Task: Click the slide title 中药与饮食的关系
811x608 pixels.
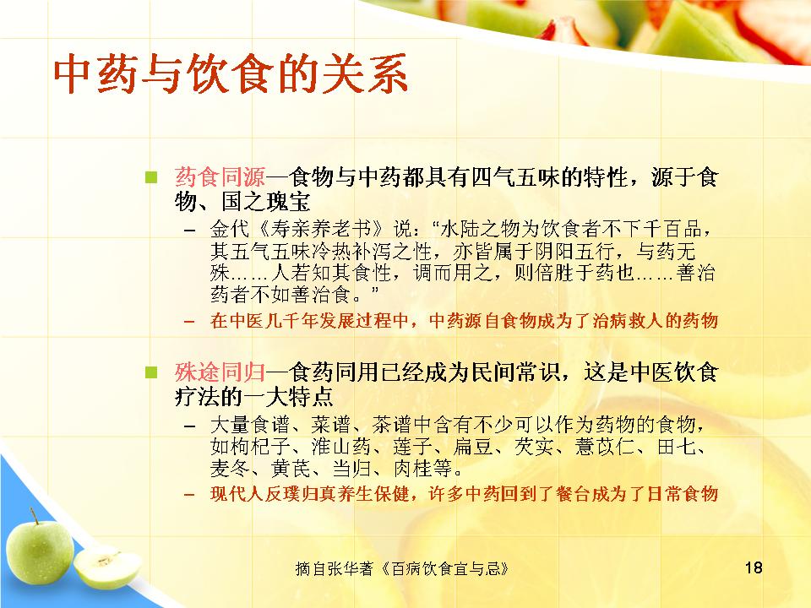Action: click(x=231, y=74)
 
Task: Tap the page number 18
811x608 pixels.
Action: click(x=754, y=567)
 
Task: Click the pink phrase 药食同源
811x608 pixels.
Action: click(x=220, y=177)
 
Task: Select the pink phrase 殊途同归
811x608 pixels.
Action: click(x=220, y=372)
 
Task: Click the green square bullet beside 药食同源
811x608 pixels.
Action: click(x=151, y=177)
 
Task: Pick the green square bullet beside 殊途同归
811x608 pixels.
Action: click(x=151, y=372)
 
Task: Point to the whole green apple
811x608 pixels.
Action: click(x=40, y=551)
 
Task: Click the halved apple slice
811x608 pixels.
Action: click(x=107, y=567)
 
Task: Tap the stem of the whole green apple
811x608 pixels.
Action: click(x=34, y=515)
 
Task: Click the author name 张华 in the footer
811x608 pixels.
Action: click(x=344, y=568)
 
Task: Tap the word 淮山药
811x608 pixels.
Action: click(x=341, y=447)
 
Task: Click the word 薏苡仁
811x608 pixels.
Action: click(x=605, y=447)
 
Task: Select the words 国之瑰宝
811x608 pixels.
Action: click(x=266, y=202)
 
